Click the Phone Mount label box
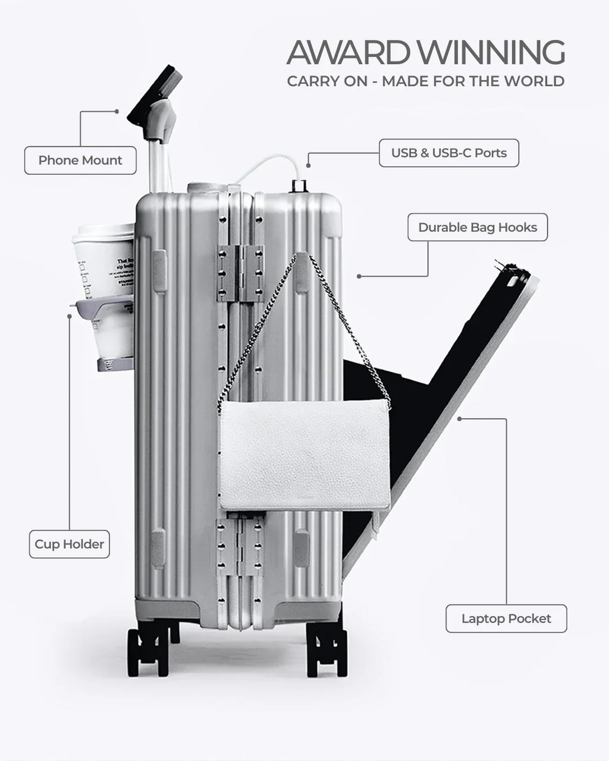tap(80, 161)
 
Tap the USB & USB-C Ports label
tap(449, 153)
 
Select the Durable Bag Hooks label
tap(478, 228)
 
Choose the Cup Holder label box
tap(69, 544)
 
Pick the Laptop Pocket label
tap(506, 619)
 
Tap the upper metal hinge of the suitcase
tap(240, 271)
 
